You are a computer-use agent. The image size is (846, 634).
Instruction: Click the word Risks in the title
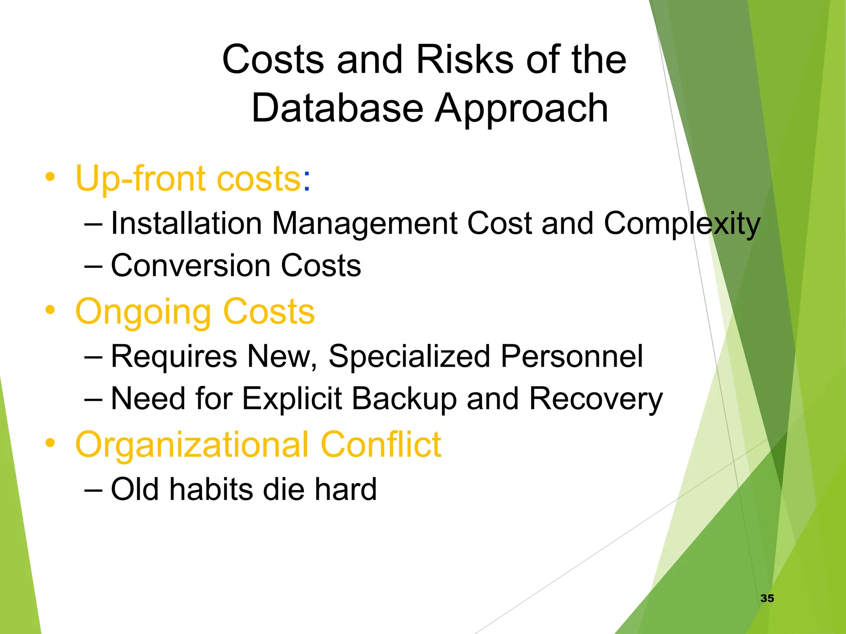pos(464,60)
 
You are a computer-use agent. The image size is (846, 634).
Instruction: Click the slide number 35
pos(767,598)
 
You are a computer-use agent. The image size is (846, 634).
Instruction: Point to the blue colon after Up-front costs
pos(306,183)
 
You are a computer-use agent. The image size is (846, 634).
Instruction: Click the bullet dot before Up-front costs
pos(50,177)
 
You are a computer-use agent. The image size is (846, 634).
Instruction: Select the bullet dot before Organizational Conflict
pos(50,443)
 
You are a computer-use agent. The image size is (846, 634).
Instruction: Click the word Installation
pos(186,223)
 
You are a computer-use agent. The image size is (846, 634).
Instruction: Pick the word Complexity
pos(682,223)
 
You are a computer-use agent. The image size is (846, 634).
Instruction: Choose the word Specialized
pos(409,356)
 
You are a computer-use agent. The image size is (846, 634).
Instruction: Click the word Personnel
pos(572,356)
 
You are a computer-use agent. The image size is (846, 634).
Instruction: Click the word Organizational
pos(192,445)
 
